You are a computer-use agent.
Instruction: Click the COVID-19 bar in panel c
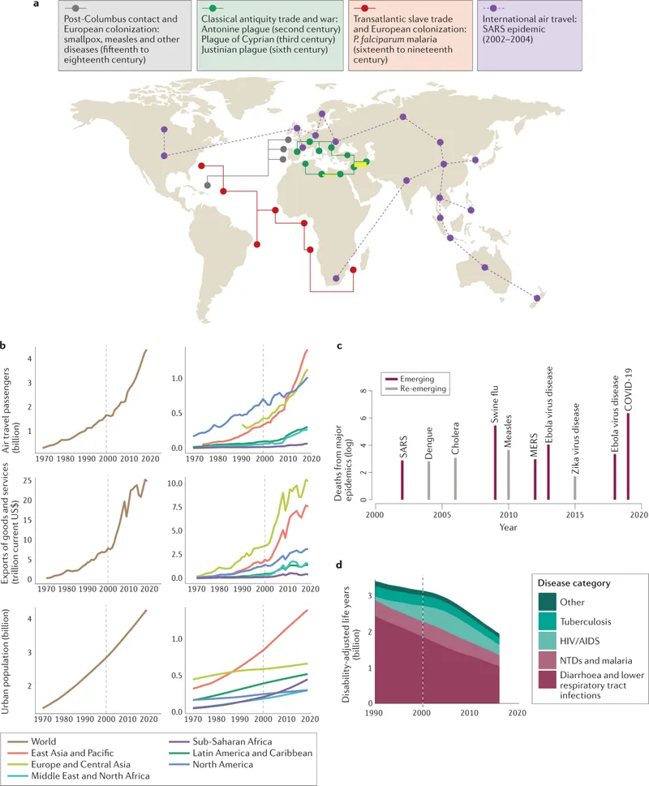point(628,457)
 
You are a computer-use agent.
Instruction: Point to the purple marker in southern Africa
point(337,280)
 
